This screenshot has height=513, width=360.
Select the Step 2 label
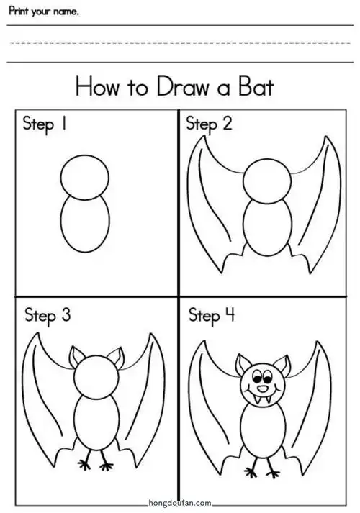[x=209, y=124]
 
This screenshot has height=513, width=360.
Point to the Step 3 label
[x=48, y=315]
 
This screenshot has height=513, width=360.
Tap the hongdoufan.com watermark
[x=181, y=504]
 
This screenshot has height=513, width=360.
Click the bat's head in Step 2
[x=265, y=182]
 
